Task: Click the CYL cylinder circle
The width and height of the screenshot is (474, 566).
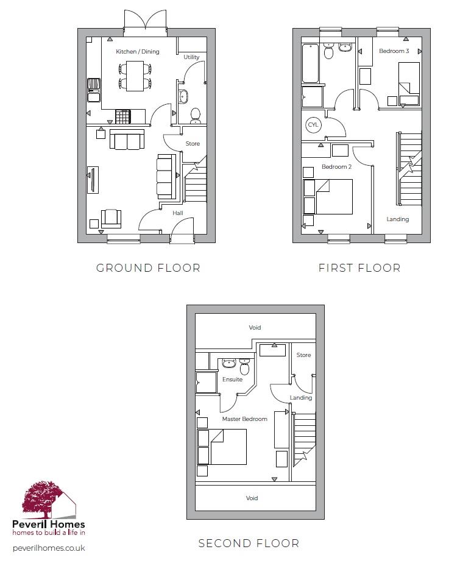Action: (x=313, y=125)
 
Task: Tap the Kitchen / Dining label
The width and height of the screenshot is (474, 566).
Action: (x=138, y=52)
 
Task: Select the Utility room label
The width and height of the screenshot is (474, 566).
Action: (x=192, y=57)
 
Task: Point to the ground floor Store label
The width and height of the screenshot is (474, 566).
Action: (x=193, y=144)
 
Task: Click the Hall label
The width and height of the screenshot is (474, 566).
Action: (x=178, y=213)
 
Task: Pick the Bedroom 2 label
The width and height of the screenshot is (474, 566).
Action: (x=337, y=167)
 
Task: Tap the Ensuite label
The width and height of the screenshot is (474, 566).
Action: (x=232, y=380)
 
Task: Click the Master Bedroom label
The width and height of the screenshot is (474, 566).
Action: (x=245, y=419)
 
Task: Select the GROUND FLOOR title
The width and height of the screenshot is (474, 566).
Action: (x=148, y=268)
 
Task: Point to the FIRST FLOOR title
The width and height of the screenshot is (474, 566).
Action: (x=359, y=268)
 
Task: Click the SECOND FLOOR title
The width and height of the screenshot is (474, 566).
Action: (x=249, y=543)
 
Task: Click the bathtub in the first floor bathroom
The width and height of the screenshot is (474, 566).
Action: (x=311, y=63)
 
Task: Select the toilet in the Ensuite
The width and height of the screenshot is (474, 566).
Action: (x=245, y=367)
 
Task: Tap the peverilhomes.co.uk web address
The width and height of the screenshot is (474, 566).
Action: (x=49, y=548)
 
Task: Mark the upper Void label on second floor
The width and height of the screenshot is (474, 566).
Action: (x=255, y=328)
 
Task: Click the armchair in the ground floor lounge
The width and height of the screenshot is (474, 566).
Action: (x=111, y=218)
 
